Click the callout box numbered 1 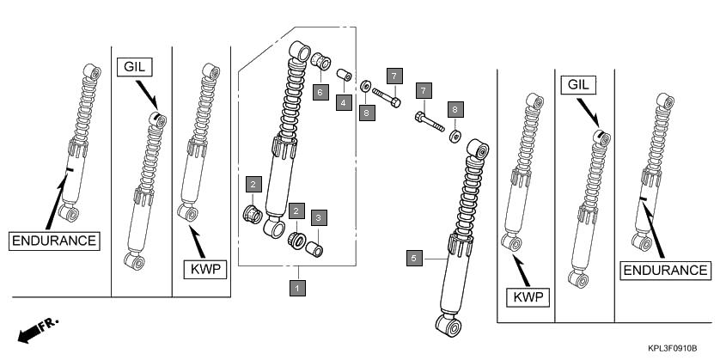(x=296, y=288)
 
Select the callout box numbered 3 (x=318, y=218)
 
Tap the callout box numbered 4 (x=344, y=102)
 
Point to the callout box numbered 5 (x=414, y=257)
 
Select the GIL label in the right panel (x=578, y=84)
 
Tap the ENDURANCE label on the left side (x=54, y=241)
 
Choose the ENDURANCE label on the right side (x=666, y=270)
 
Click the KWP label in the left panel (x=204, y=270)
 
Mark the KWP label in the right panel (x=528, y=297)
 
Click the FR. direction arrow (x=36, y=328)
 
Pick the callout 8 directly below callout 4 (x=367, y=113)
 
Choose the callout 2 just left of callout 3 (x=296, y=211)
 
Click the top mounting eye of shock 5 (x=479, y=147)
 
